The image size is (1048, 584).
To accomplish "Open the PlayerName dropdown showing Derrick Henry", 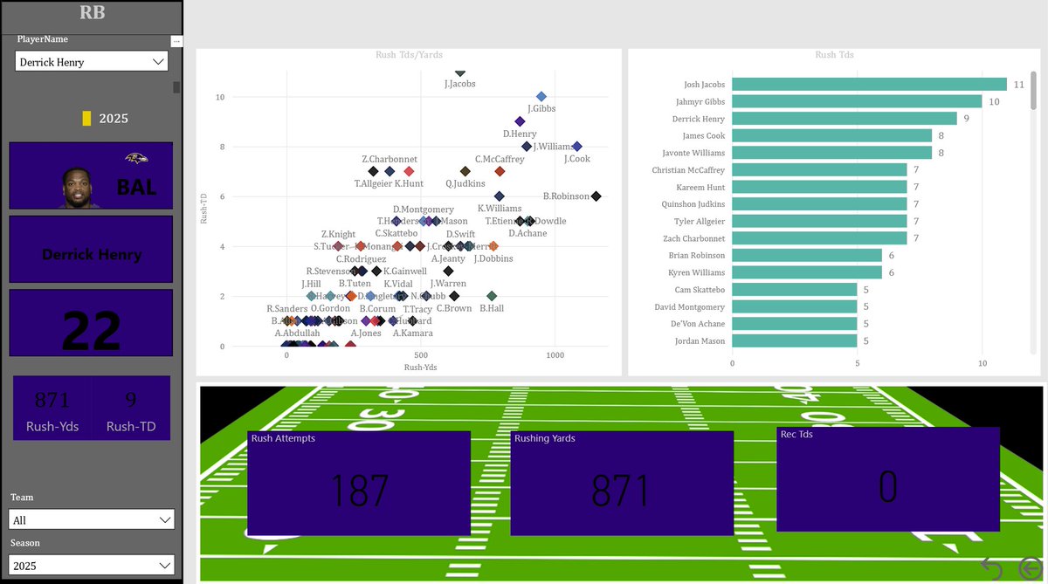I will coord(92,62).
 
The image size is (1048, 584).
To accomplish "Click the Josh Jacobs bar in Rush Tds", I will coord(869,85).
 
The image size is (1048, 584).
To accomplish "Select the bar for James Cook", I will coord(831,135).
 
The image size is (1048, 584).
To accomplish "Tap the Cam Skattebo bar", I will coord(794,289).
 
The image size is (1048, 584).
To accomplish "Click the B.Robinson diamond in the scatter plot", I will coord(596,196).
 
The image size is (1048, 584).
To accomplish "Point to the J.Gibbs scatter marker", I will coord(541,97).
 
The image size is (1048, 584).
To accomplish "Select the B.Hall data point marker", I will coord(492,296).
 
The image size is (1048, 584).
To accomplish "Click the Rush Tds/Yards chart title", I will coord(409,54).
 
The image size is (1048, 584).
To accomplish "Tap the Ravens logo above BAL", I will coord(135,158).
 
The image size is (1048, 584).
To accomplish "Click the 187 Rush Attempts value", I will coord(359,490).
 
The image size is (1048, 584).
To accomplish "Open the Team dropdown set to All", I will coord(92,519).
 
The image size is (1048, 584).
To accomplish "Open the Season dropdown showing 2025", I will coord(92,566).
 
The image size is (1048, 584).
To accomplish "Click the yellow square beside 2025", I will coord(86,118).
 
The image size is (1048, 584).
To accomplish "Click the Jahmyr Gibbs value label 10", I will coord(994,102).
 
